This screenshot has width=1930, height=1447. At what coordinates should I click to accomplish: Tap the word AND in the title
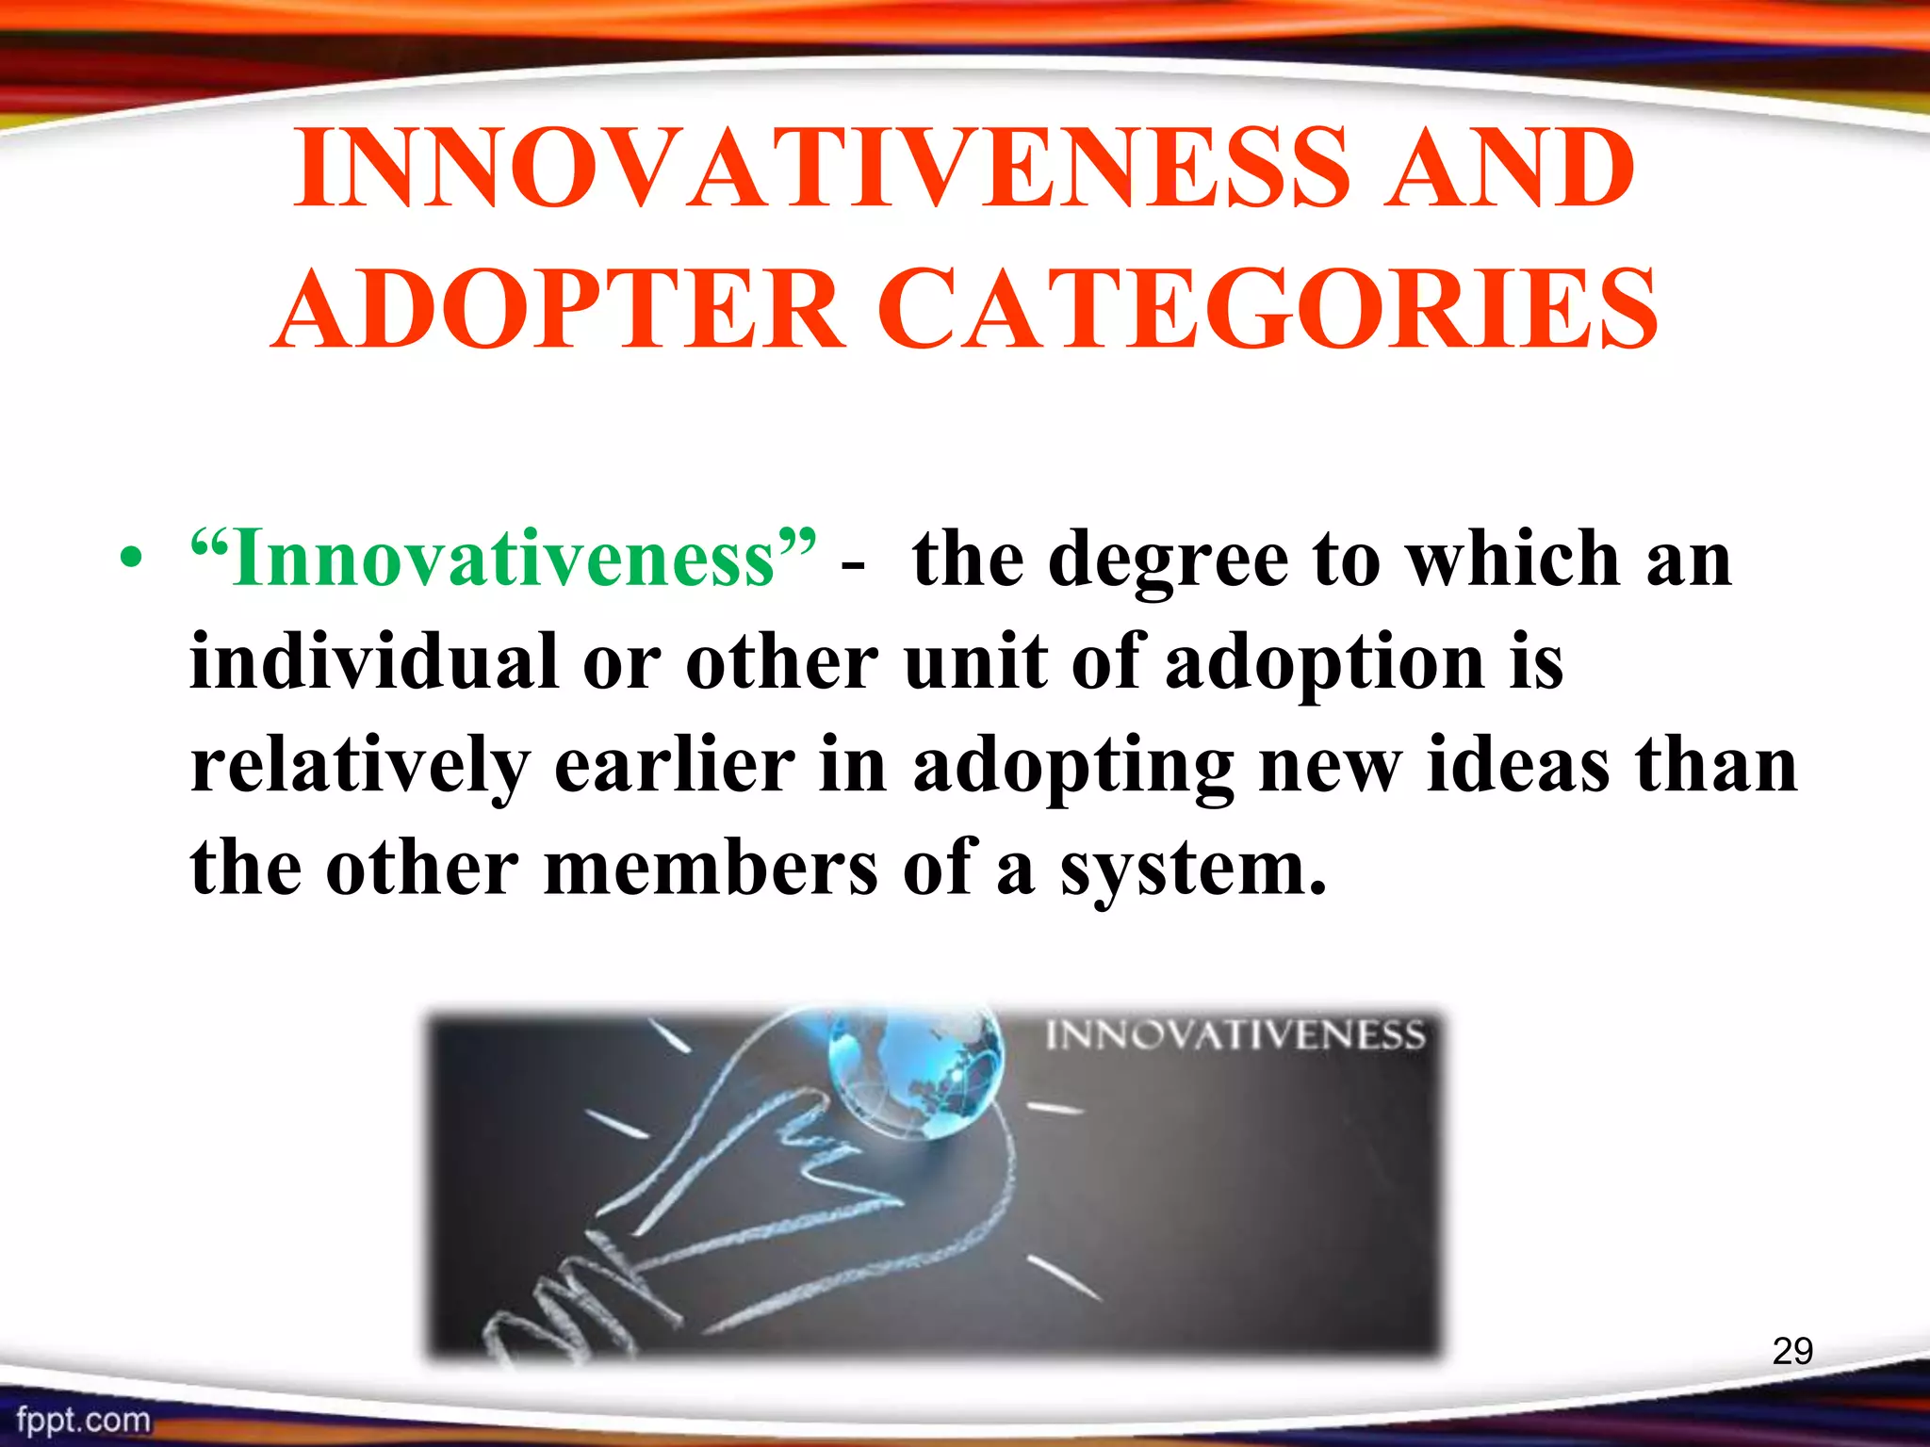pyautogui.click(x=1508, y=170)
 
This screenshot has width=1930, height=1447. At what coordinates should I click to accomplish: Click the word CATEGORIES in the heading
pyautogui.click(x=1272, y=309)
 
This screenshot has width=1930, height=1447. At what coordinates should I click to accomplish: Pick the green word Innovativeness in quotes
pyautogui.click(x=503, y=558)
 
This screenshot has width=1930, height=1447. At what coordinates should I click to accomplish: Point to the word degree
pyautogui.click(x=1168, y=561)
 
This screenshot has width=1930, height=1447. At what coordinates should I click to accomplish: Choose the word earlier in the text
pyautogui.click(x=674, y=765)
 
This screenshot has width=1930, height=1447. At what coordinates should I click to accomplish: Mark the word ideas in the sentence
pyautogui.click(x=1517, y=765)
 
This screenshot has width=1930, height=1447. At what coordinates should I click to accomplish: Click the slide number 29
pyautogui.click(x=1792, y=1351)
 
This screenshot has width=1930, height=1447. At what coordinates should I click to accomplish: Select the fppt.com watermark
pyautogui.click(x=83, y=1420)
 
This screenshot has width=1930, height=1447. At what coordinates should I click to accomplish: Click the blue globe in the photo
pyautogui.click(x=914, y=1072)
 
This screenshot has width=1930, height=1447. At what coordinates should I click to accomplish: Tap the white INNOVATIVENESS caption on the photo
pyautogui.click(x=1235, y=1035)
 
